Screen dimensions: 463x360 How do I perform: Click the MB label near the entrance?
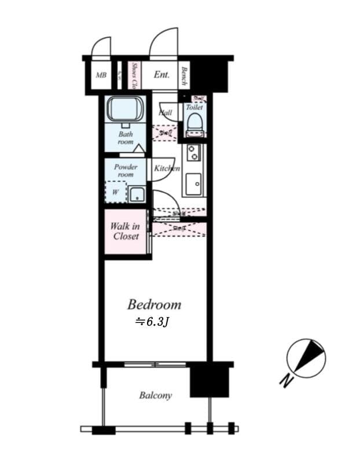101,75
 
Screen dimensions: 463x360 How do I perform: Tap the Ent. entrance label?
161,75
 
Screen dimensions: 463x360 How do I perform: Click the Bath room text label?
126,138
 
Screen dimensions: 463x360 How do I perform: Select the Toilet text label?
194,108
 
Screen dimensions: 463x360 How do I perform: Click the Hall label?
166,112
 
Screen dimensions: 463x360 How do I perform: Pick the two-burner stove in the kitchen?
193,153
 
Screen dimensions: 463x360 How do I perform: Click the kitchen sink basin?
193,185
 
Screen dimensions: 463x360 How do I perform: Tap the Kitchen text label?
167,168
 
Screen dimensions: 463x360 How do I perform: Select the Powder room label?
126,171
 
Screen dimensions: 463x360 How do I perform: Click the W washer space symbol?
115,192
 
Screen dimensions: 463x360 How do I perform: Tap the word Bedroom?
154,304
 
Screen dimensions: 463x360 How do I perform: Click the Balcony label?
155,395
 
